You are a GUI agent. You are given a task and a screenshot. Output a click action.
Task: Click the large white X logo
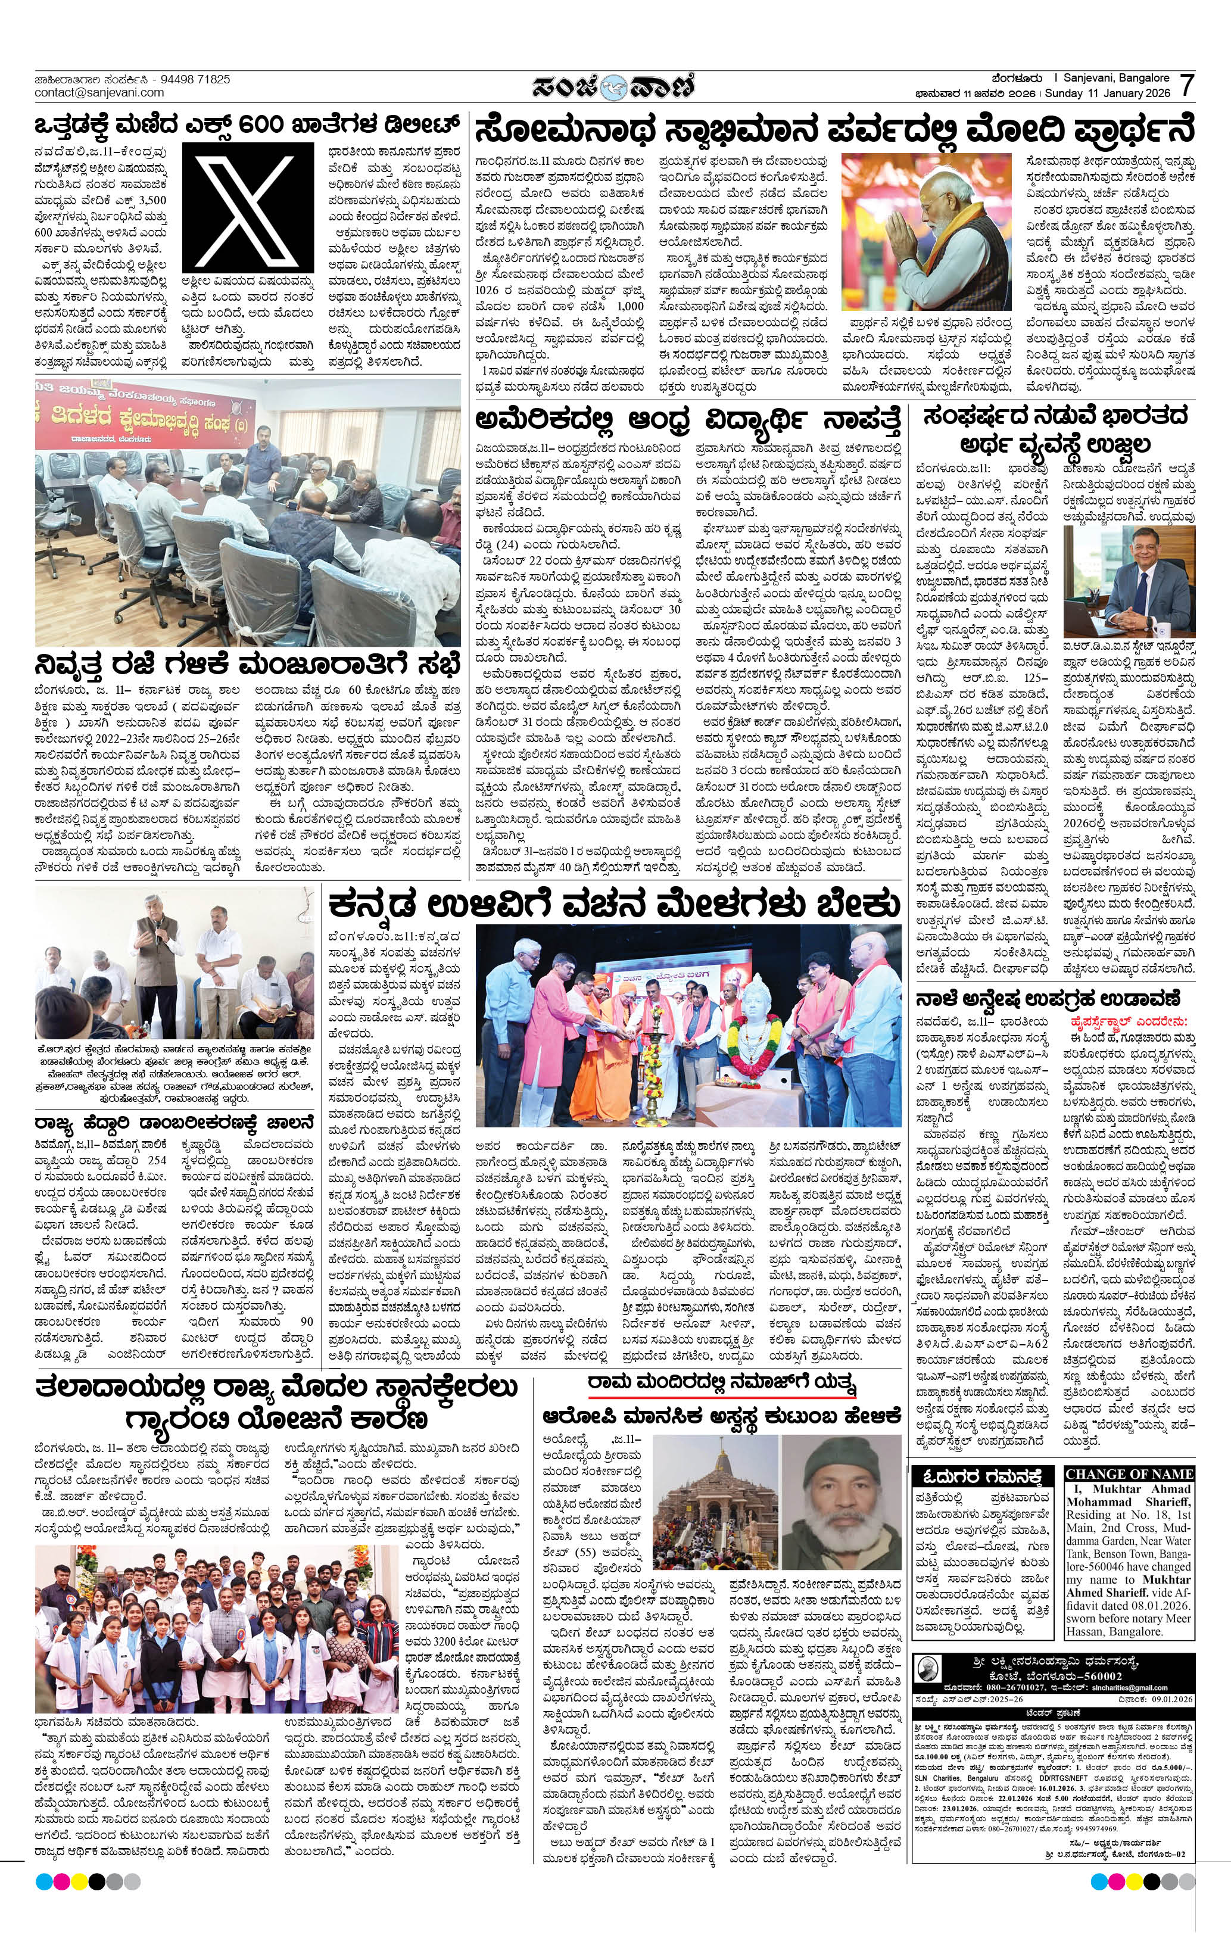click(248, 207)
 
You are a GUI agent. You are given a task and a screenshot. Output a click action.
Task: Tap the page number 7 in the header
click(1186, 85)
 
